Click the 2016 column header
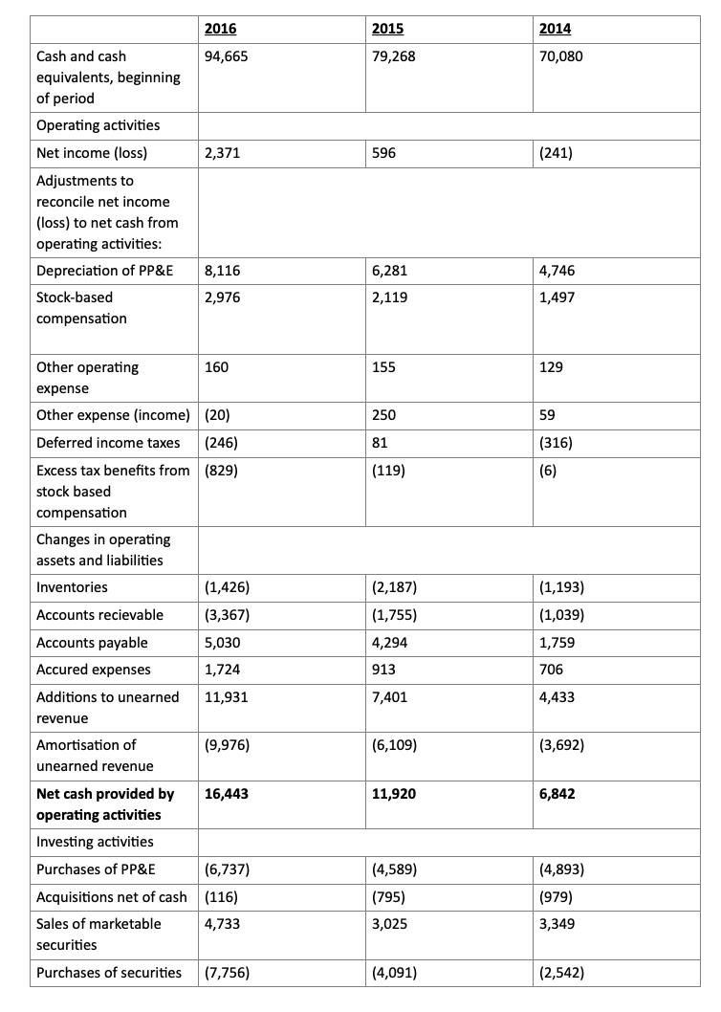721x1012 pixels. [x=223, y=29]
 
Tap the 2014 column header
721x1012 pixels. [x=556, y=29]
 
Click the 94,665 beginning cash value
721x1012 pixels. [x=228, y=56]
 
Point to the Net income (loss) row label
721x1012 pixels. [x=92, y=152]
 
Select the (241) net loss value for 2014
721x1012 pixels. [x=557, y=152]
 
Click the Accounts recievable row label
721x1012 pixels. [x=99, y=614]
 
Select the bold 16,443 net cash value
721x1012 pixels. [x=228, y=794]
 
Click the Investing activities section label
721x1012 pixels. [x=94, y=842]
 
